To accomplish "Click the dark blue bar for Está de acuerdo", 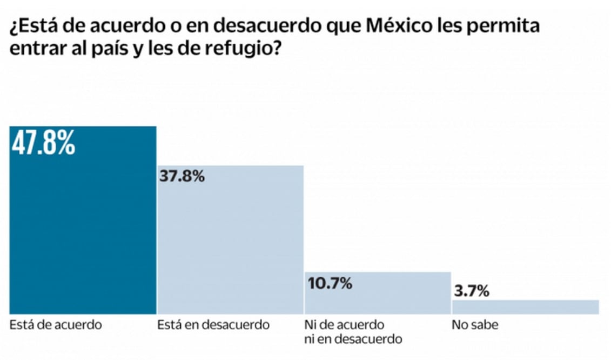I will tap(83, 227).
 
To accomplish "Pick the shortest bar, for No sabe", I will tap(525, 307).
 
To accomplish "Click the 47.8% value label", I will tap(43, 145).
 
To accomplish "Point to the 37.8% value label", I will tap(182, 176).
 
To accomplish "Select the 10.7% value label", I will tap(330, 282).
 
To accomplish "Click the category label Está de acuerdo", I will tap(48, 325).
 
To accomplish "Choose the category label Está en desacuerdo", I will tap(213, 325).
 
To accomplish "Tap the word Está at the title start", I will tap(35, 26).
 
